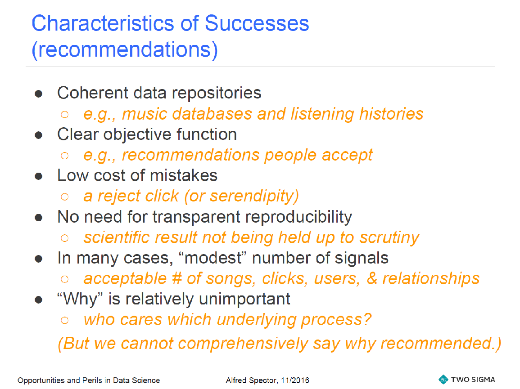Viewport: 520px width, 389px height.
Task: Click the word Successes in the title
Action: coord(257,23)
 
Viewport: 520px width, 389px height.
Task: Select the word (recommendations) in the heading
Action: coord(125,50)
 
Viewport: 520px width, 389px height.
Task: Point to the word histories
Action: coord(391,114)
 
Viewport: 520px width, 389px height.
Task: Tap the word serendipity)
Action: coord(254,197)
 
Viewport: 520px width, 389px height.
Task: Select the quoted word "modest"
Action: coord(213,258)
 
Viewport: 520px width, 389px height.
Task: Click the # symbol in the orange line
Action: coord(177,279)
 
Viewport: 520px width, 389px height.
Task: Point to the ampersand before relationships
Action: coord(372,278)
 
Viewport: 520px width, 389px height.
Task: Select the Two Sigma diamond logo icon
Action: coord(443,380)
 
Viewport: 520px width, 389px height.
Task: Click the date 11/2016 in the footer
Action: coord(295,380)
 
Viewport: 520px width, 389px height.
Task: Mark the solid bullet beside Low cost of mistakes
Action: coord(38,176)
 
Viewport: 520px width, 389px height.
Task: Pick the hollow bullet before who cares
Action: coord(65,320)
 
